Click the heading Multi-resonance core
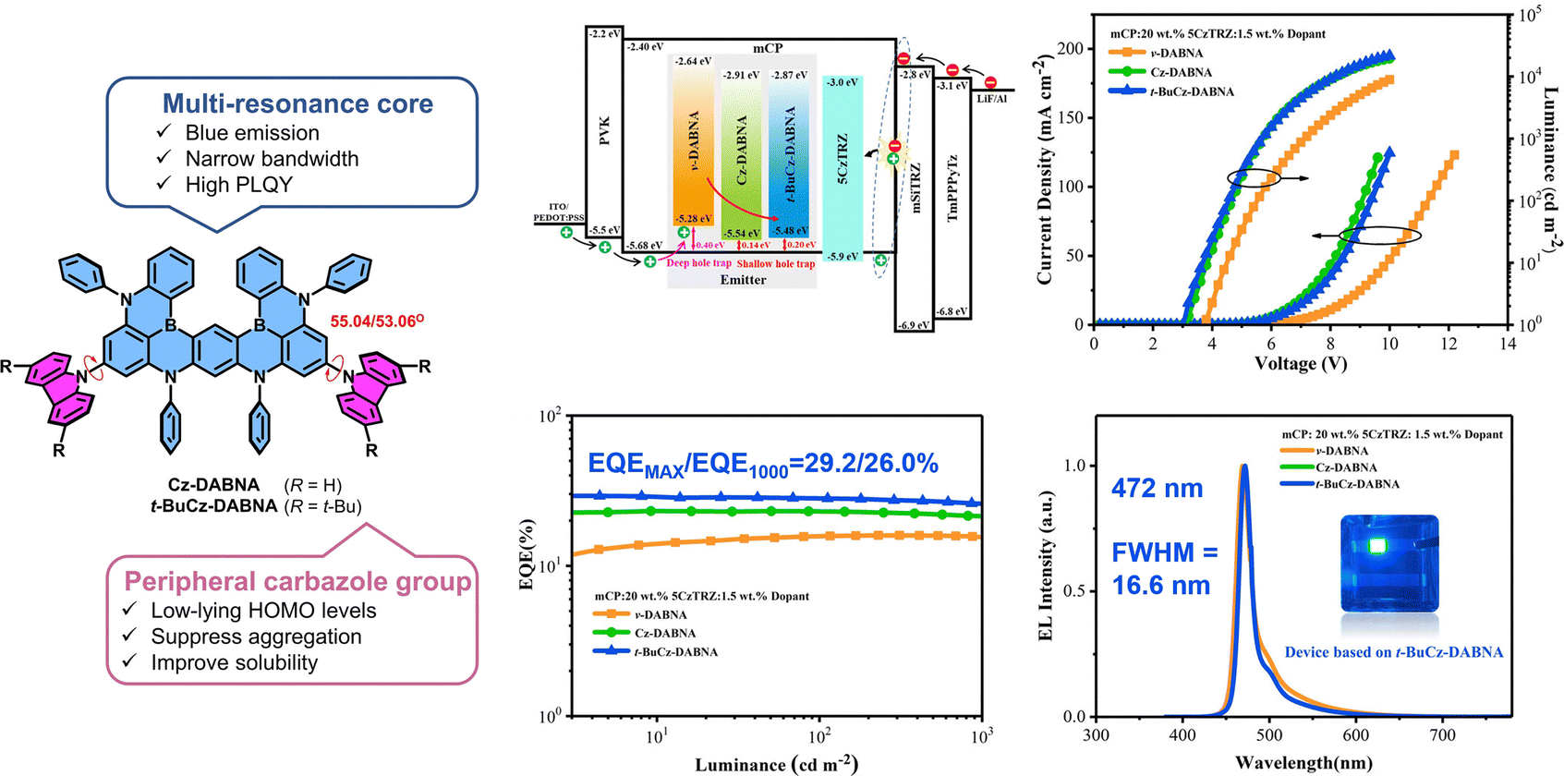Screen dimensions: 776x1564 (x=297, y=103)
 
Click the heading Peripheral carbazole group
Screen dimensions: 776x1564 (x=297, y=581)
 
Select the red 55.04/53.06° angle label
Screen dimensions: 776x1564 (x=377, y=321)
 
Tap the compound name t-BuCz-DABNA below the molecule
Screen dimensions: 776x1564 (x=214, y=506)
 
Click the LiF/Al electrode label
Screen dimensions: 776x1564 (x=991, y=99)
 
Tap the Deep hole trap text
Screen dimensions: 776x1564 (x=698, y=263)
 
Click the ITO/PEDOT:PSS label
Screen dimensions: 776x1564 (x=559, y=212)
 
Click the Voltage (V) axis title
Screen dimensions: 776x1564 (x=1300, y=364)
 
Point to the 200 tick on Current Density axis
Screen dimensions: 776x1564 (x=1070, y=49)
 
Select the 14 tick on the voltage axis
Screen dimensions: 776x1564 (x=1508, y=344)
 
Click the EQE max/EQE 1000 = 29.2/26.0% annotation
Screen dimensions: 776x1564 (x=763, y=464)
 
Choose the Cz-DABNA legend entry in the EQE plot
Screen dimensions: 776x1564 (x=664, y=633)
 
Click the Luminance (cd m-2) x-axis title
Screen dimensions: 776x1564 (x=776, y=764)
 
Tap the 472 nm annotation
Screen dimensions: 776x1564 (x=1157, y=489)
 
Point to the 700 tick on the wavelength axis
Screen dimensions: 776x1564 (x=1442, y=735)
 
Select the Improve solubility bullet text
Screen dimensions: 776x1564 (x=234, y=662)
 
